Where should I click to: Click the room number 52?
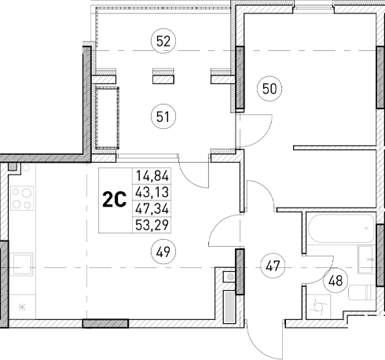click(x=163, y=42)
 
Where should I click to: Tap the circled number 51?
click(x=163, y=118)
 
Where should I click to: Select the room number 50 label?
click(x=269, y=89)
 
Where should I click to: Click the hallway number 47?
click(x=273, y=265)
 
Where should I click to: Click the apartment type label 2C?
click(x=115, y=199)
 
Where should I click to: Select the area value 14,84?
click(x=152, y=175)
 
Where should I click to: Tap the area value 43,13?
click(x=152, y=191)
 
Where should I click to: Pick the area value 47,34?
click(x=152, y=208)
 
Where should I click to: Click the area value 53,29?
click(x=152, y=224)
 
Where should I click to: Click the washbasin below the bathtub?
click(x=366, y=260)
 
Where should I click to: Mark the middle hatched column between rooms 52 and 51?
click(x=163, y=77)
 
